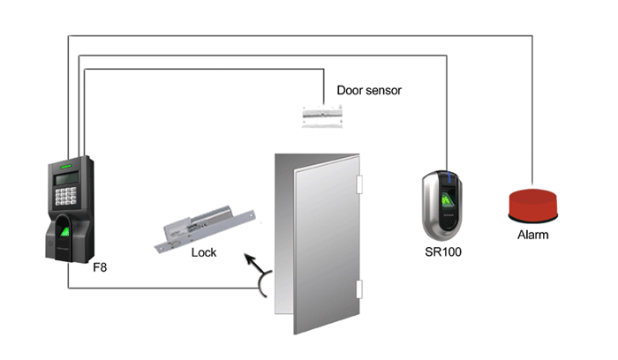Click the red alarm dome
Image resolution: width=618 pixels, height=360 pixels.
tap(533, 205)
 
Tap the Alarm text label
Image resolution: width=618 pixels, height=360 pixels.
tap(533, 235)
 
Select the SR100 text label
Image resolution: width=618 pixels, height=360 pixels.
tap(443, 251)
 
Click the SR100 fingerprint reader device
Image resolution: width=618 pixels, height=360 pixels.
tap(442, 206)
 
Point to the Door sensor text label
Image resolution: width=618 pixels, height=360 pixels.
tap(369, 90)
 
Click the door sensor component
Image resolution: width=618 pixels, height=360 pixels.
tap(322, 116)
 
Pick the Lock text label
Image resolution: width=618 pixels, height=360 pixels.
tap(203, 252)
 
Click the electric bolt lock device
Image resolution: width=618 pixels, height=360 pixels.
tap(205, 229)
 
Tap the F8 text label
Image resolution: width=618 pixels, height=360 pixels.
tap(100, 267)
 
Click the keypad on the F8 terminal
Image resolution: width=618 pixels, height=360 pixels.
tap(65, 196)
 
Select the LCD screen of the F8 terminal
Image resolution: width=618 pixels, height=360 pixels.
tap(66, 178)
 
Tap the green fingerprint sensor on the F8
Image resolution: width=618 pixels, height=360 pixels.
tap(64, 231)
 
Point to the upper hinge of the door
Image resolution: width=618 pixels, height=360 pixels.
tap(359, 184)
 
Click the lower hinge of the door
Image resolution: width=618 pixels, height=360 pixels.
tap(359, 289)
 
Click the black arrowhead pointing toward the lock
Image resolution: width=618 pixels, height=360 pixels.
tap(249, 259)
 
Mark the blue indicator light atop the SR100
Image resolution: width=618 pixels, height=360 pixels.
tap(448, 177)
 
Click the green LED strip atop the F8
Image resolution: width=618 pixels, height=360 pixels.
tap(66, 167)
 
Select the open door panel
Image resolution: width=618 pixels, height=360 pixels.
tap(327, 244)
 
